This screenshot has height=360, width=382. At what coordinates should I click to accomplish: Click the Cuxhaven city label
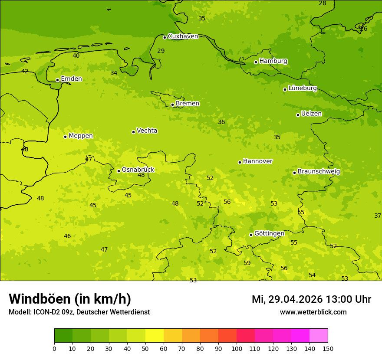point(183,36)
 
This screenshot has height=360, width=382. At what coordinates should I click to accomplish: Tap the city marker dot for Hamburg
point(256,62)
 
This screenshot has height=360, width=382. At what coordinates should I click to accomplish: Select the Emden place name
point(71,79)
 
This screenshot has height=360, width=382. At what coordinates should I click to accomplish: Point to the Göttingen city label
point(269,234)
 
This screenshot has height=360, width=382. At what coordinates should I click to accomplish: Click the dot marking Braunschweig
point(294,173)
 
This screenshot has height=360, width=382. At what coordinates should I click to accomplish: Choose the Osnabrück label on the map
point(138,170)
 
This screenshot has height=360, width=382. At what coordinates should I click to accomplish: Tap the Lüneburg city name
point(303,88)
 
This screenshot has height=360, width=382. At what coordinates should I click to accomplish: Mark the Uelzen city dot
point(298,115)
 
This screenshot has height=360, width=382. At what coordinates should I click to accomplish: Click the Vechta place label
point(147,131)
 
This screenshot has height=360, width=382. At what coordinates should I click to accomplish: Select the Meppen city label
point(81,136)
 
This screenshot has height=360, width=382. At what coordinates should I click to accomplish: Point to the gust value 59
point(247,263)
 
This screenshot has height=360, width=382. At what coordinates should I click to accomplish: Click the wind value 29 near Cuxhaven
point(161,51)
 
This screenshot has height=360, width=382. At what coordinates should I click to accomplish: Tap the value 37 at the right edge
point(378,216)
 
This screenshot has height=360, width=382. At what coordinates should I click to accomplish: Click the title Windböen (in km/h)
point(70,299)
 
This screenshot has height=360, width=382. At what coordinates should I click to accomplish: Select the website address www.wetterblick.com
point(313,312)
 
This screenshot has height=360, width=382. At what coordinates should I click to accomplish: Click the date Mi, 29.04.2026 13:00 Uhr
point(311,299)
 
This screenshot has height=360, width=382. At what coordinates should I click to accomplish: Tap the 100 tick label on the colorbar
point(237,348)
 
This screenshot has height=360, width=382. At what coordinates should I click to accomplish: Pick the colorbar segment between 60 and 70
point(173,336)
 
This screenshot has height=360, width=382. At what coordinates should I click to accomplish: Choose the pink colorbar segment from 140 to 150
point(319,336)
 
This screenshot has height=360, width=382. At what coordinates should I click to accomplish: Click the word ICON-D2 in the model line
point(47,312)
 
